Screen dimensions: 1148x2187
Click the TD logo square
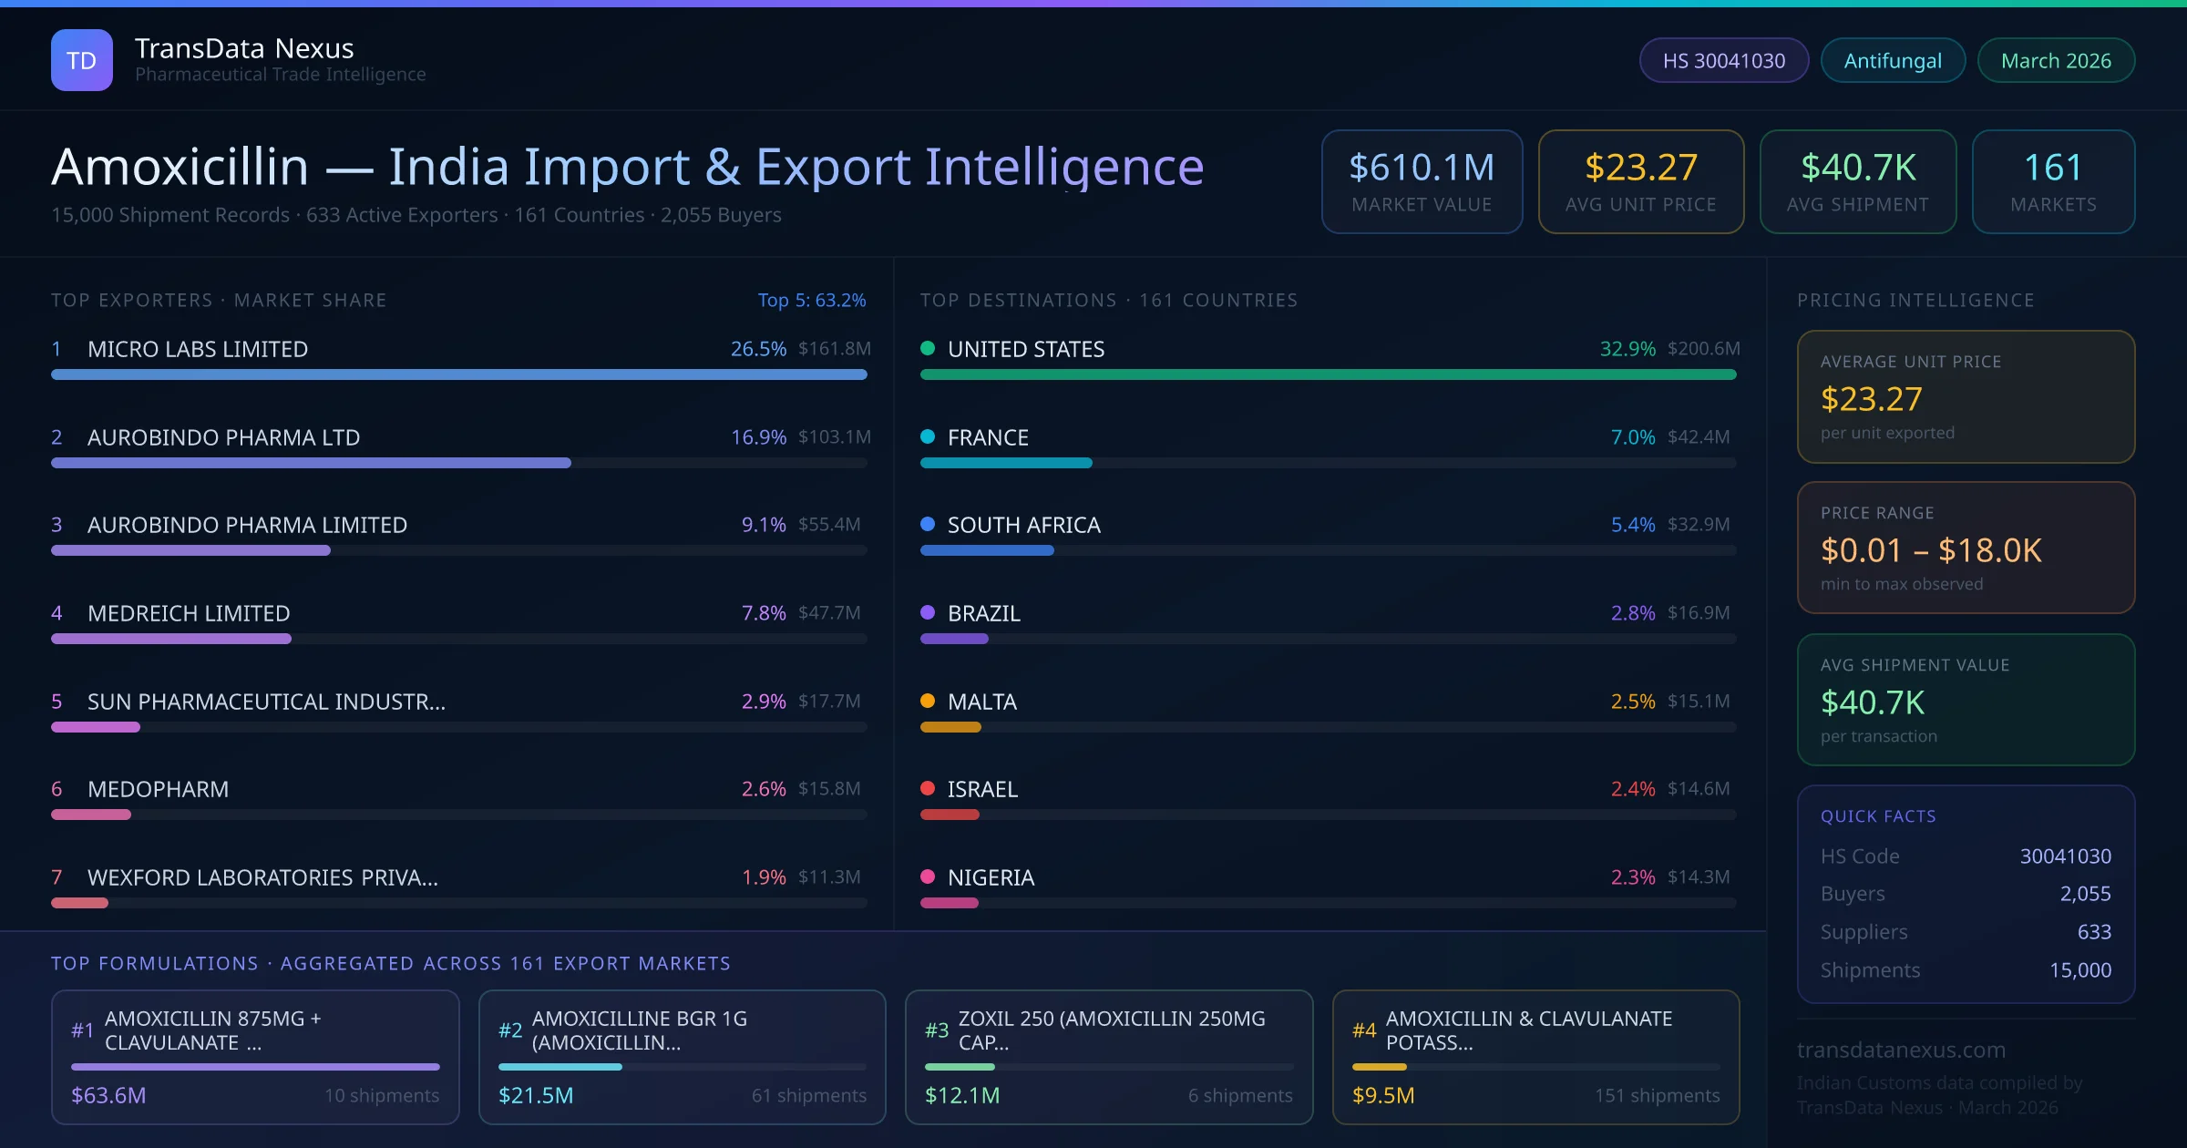(82, 60)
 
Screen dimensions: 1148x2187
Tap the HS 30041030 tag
(1723, 60)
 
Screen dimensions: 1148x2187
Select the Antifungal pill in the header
(1893, 60)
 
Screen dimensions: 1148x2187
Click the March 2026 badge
(2056, 60)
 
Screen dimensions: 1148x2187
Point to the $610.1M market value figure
(1422, 168)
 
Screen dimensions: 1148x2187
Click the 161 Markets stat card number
(2053, 168)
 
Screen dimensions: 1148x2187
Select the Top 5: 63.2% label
(811, 300)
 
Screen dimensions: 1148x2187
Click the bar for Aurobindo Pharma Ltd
(311, 463)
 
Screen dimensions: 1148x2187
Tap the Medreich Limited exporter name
(189, 613)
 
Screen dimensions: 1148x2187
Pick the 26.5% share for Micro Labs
(758, 349)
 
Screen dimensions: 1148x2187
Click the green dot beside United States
(928, 348)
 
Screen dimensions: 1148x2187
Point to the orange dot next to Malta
(928, 701)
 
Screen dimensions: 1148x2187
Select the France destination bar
(1006, 463)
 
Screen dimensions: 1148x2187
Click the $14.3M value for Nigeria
(1699, 877)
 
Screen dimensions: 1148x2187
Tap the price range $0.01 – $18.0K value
(1931, 550)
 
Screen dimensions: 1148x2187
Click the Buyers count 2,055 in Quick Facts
(2085, 894)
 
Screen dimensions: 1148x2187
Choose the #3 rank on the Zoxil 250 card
(937, 1030)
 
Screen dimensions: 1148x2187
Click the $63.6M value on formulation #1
(108, 1095)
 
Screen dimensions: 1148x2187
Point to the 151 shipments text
(1657, 1095)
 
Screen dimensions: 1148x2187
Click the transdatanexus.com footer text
(1901, 1050)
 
